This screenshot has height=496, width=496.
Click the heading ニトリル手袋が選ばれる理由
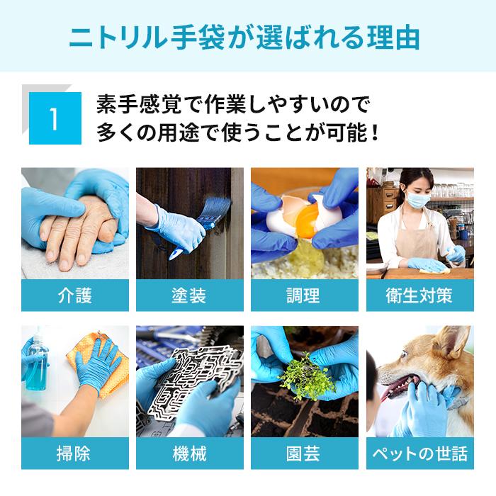(247, 36)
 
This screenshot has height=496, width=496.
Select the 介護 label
(74, 295)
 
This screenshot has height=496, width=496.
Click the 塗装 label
(189, 295)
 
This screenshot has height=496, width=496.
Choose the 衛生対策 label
(419, 295)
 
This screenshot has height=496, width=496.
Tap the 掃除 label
(74, 453)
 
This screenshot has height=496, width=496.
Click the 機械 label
(189, 453)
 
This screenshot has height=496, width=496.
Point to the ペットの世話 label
(419, 453)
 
